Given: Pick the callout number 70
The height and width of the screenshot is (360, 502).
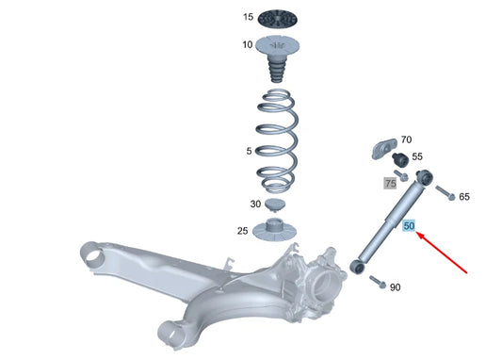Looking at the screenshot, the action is coord(406,139).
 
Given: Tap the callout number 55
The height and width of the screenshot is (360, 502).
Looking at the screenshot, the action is coord(416,157).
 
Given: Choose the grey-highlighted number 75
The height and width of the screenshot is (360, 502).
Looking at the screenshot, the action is coord(390,183).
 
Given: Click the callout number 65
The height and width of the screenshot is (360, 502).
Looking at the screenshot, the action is coord(463,196).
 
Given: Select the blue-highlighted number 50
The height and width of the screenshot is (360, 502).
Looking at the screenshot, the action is coord(409,226).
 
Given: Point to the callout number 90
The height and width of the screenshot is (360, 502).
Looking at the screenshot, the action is coord(395,286).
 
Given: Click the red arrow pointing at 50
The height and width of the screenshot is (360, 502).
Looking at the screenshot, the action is coord(443,253).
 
